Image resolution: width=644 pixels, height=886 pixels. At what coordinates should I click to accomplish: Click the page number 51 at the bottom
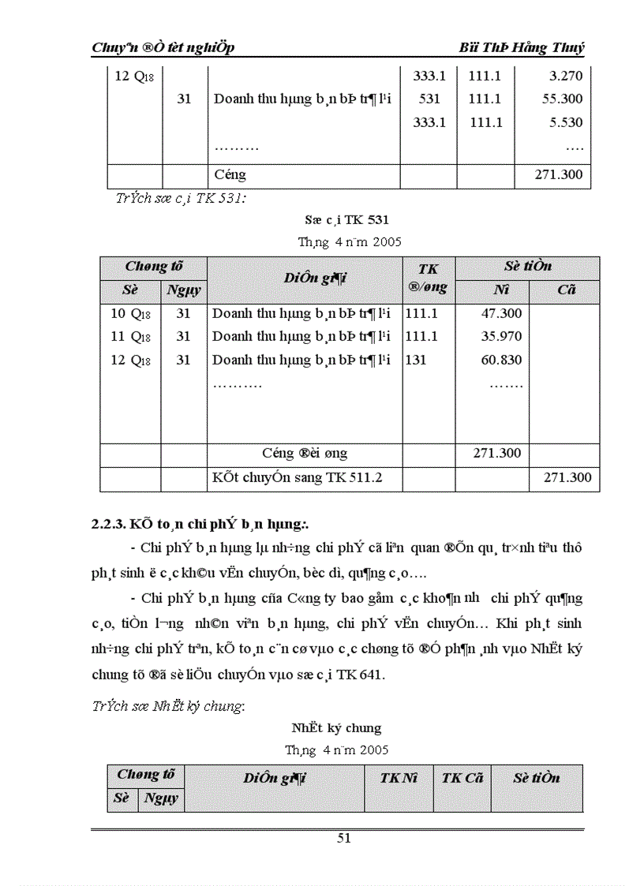[x=343, y=838]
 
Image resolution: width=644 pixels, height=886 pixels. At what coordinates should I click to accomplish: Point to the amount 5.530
[x=565, y=122]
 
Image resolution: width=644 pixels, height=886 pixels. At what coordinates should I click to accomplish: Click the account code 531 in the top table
[x=429, y=99]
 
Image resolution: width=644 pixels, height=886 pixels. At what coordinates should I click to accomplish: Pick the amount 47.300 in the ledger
[x=501, y=313]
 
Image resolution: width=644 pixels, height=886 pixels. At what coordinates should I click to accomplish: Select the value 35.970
[x=501, y=336]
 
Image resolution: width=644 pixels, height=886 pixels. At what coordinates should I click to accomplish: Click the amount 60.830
[x=501, y=360]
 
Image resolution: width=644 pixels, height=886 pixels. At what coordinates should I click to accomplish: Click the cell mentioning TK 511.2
[x=298, y=477]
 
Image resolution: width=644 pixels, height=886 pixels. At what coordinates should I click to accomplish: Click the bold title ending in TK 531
[x=346, y=219]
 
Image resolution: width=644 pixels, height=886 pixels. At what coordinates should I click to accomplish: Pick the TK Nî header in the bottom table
[x=399, y=778]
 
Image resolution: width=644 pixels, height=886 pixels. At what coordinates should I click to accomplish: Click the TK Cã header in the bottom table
[x=462, y=778]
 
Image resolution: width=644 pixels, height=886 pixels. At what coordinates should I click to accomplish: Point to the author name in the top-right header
[x=522, y=47]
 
